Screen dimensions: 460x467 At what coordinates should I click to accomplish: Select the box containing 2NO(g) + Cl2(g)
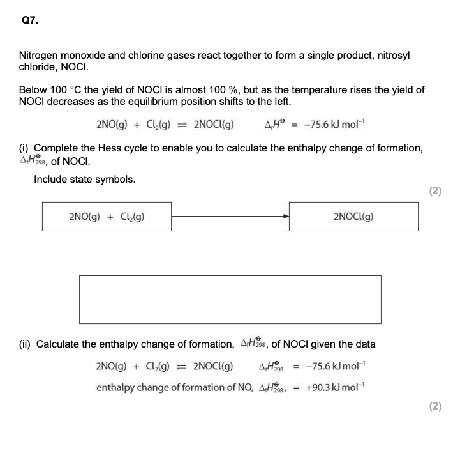tap(107, 217)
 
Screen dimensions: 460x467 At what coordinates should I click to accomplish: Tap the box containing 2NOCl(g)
tap(353, 217)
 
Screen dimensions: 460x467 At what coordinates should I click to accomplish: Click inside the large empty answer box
tap(230, 300)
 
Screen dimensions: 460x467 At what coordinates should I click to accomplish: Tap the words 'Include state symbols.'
tap(85, 179)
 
